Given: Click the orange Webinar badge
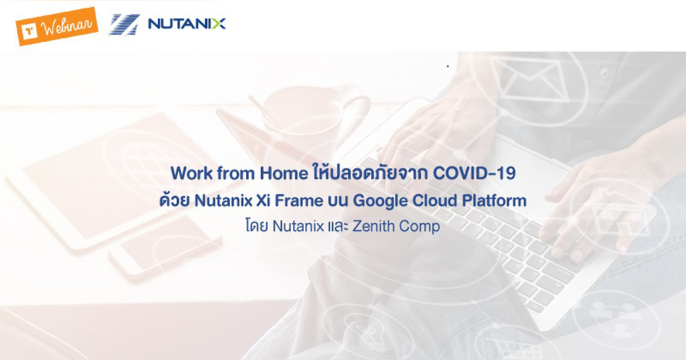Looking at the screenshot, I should tap(56, 26).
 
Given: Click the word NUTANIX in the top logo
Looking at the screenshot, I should tap(186, 23).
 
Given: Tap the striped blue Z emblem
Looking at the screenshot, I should tap(123, 24).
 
